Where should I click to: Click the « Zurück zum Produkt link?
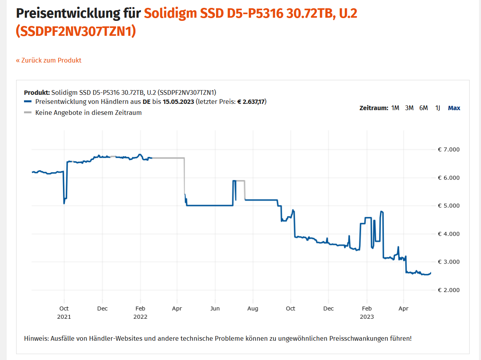click(x=49, y=60)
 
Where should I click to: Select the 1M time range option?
click(x=395, y=108)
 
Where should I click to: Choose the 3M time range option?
click(x=409, y=108)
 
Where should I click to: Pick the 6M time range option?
click(x=424, y=108)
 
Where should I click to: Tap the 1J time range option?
click(x=438, y=108)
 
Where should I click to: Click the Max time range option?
click(x=454, y=108)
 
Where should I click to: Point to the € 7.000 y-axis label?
click(x=448, y=150)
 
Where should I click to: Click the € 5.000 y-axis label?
click(x=448, y=206)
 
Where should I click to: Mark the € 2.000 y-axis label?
click(x=448, y=290)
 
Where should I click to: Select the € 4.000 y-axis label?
click(x=448, y=234)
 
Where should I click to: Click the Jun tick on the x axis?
click(x=215, y=308)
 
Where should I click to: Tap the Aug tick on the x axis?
click(x=253, y=308)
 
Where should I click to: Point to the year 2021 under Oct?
click(x=64, y=316)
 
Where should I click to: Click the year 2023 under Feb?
click(x=367, y=316)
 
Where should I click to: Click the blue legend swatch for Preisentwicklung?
click(x=28, y=102)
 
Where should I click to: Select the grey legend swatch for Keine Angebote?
click(x=28, y=113)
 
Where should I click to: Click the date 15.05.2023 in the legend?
click(x=178, y=102)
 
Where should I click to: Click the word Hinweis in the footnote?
click(x=36, y=338)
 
